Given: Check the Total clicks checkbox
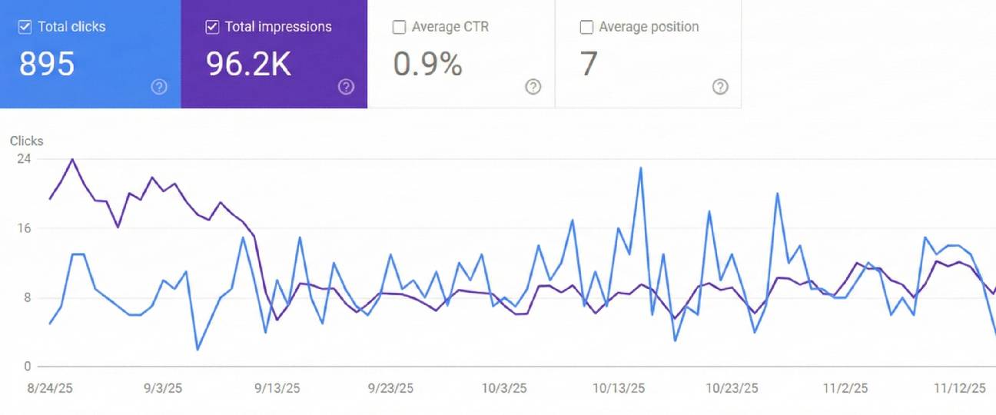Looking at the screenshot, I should tap(25, 27).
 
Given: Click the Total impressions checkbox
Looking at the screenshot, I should tap(212, 27).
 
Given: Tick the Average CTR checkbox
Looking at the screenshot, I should tap(399, 27).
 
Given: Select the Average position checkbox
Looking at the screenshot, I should tap(586, 27).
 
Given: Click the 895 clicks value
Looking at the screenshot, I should tap(47, 65).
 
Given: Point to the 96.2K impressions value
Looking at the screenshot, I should tap(248, 65).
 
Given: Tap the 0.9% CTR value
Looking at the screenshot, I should tap(427, 65).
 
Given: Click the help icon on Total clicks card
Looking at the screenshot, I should tap(159, 87).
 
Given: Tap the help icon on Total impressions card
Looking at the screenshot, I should tap(347, 87).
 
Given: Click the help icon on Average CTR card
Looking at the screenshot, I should tap(533, 87).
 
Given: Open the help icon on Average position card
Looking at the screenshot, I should tap(720, 87).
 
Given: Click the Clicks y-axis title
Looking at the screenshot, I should tap(27, 141).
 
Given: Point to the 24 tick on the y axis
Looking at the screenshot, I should tap(24, 158).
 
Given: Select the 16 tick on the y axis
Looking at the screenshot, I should tap(24, 228).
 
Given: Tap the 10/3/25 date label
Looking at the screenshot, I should tap(504, 388).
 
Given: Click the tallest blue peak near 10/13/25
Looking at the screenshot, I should tap(640, 168).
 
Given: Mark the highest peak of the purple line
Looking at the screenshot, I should tap(72, 160).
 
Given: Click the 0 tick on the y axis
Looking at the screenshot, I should tap(27, 367).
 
